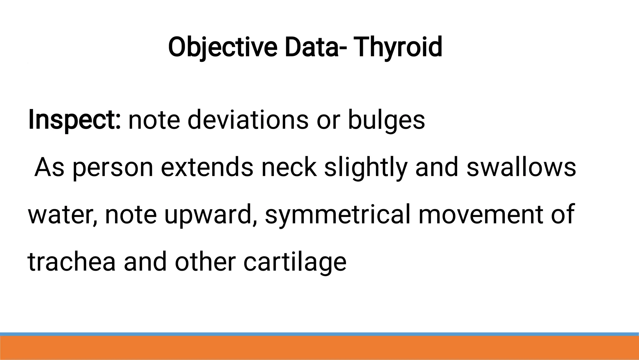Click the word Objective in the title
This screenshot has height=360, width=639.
(222, 47)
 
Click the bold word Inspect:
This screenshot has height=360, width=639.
(74, 120)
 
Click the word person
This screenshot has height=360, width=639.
(113, 168)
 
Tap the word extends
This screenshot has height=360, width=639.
(207, 167)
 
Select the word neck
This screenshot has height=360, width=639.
(289, 167)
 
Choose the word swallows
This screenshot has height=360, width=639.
(521, 167)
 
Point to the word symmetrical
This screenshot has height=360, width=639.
(337, 215)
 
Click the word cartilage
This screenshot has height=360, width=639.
(295, 262)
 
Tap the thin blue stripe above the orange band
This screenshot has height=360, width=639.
(319, 334)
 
